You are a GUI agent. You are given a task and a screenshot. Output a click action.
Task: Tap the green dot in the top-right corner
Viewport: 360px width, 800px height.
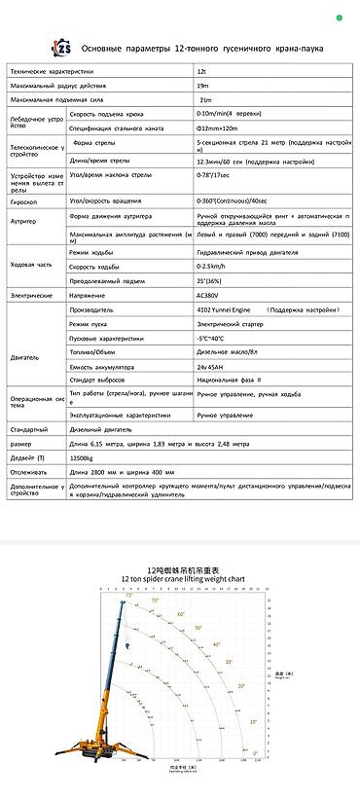[x=340, y=17]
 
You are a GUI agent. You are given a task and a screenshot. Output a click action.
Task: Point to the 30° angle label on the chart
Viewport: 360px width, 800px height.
[x=229, y=662]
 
